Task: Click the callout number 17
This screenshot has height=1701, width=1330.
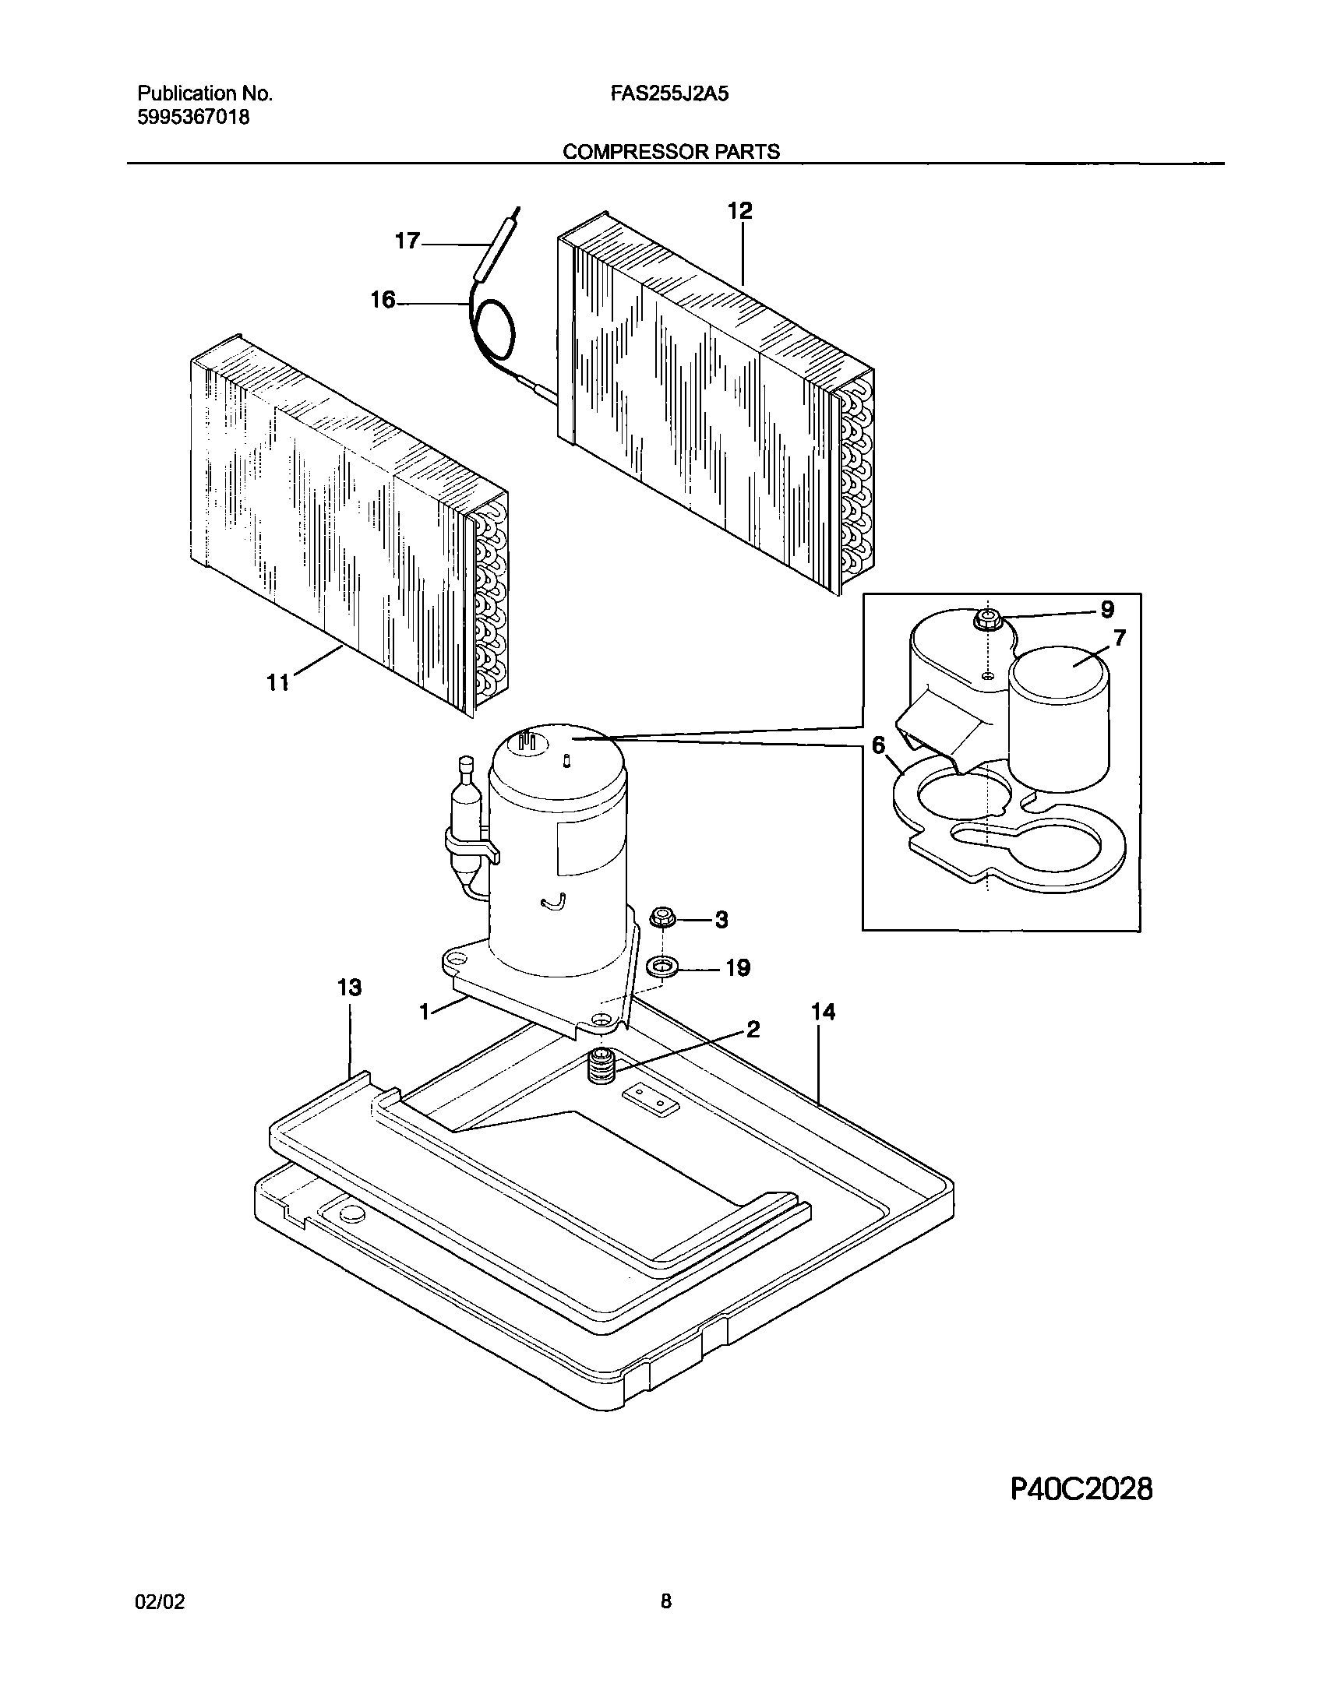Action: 407,241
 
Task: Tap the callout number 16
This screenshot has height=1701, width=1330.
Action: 383,300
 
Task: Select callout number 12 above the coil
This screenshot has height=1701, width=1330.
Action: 739,210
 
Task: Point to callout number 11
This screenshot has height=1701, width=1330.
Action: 278,683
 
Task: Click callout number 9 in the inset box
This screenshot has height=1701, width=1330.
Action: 1106,610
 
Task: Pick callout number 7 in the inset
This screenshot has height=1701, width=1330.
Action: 1119,639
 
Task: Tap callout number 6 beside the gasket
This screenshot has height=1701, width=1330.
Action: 879,745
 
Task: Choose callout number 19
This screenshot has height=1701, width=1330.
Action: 738,968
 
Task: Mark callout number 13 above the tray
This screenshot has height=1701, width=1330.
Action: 350,988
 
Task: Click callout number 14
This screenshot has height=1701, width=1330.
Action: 823,1012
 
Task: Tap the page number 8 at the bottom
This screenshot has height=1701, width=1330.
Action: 665,1601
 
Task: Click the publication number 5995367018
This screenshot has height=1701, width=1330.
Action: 194,118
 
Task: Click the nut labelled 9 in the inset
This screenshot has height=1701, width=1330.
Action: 987,619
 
